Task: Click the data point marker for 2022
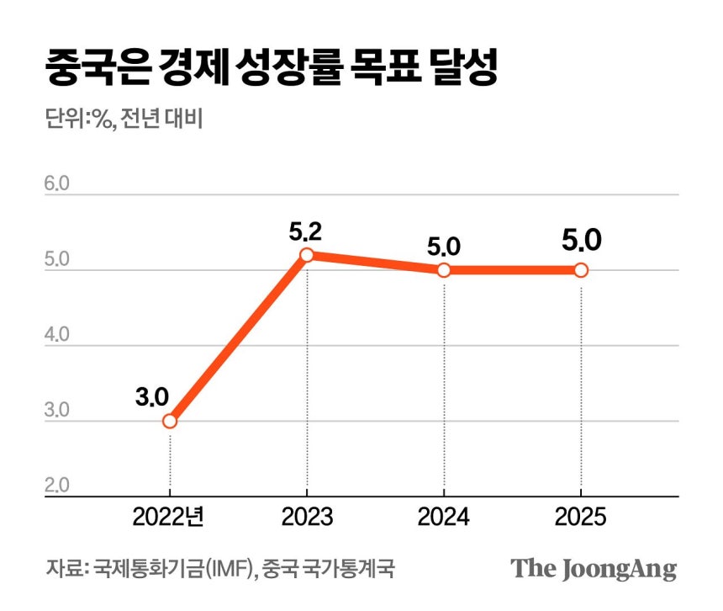170,421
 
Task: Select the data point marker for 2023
307,255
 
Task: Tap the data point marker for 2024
444,270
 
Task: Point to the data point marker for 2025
581,270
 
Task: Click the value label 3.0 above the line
152,396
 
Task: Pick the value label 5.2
307,229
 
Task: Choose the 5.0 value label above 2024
444,247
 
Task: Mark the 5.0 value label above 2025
581,242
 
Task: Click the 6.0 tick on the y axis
58,183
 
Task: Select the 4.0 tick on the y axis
58,335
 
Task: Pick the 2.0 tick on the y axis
58,486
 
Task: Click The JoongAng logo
594,568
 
